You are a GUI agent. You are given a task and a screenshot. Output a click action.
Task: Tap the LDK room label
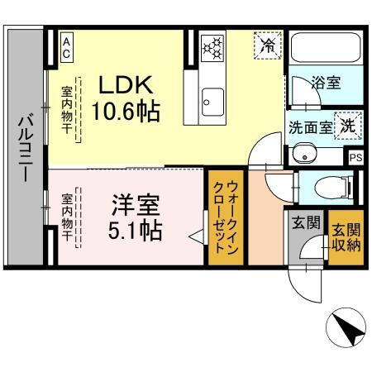coord(127,84)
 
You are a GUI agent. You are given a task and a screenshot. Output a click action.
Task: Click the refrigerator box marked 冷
coord(267,45)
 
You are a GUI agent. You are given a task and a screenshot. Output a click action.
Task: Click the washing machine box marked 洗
coord(348,126)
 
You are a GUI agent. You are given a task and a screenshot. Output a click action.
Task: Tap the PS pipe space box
coord(355,157)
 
